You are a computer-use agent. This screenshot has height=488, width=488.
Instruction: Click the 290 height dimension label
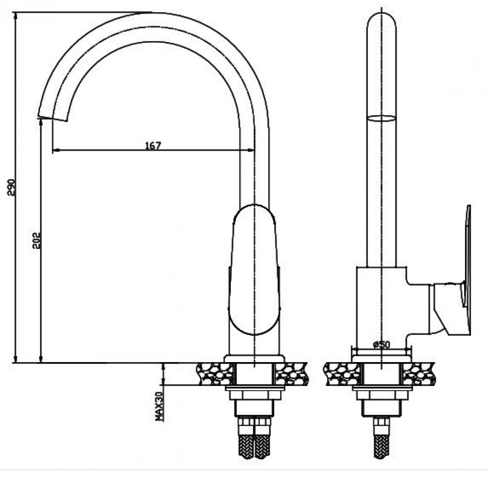pos(11,187)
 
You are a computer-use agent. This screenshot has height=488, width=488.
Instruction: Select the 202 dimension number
pos(37,240)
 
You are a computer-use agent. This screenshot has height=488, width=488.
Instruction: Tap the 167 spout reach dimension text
pos(153,145)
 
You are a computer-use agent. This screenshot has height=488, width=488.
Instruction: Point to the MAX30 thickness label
pos(160,407)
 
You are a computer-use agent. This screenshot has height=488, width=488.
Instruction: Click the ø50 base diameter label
pos(381,345)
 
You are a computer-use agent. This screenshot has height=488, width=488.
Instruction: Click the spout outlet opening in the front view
pos(53,119)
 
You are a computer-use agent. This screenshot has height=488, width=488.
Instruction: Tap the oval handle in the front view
pos(254,269)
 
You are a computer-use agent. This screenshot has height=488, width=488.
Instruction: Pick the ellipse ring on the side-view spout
pos(382,118)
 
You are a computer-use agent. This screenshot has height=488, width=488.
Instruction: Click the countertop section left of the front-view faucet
pos(215,374)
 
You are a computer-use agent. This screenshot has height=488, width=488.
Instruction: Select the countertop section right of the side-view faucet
pos(419,374)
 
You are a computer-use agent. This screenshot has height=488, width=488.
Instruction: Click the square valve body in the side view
pos(382,311)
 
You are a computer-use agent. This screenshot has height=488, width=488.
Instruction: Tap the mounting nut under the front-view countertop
pos(255,395)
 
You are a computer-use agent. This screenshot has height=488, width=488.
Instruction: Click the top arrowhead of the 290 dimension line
pos(15,16)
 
